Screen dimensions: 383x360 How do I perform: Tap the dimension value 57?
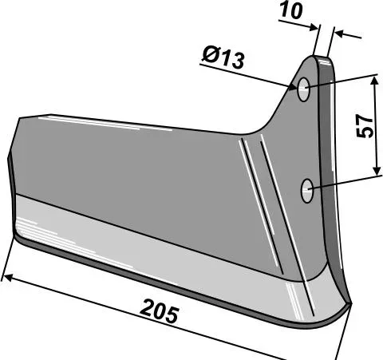click(x=365, y=126)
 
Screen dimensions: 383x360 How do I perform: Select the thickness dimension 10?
click(x=291, y=11)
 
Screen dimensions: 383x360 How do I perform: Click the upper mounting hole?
click(x=303, y=89)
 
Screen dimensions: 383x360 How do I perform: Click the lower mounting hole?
click(x=307, y=191)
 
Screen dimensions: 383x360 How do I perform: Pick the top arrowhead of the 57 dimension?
click(x=375, y=81)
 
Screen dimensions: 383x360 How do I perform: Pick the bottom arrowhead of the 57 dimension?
click(x=377, y=171)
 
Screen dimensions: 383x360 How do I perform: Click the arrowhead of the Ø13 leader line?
click(x=293, y=86)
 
